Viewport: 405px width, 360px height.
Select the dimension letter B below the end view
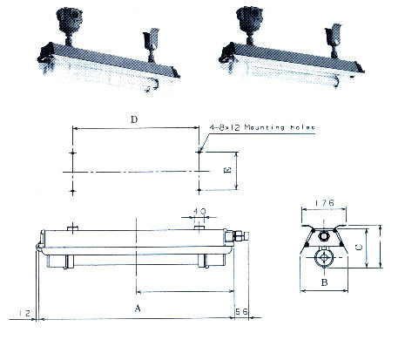click(323, 283)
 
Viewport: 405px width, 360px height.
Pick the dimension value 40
click(201, 211)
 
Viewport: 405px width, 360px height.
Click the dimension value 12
click(24, 310)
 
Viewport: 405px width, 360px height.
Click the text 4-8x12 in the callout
click(225, 127)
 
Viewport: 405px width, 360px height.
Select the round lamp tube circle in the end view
click(323, 259)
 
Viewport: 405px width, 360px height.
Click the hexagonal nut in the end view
click(323, 234)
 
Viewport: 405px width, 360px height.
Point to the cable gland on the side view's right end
click(233, 235)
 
